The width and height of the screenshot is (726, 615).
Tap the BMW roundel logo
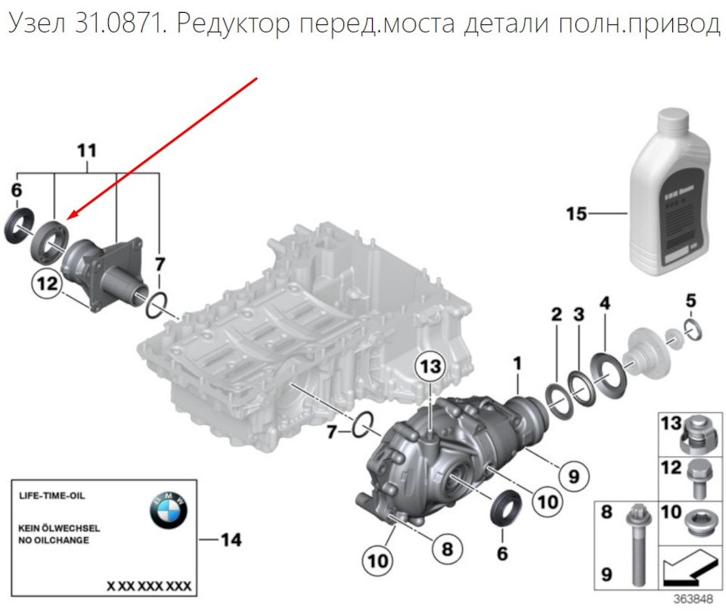click(x=167, y=512)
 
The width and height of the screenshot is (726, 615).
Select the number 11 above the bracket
click(x=88, y=151)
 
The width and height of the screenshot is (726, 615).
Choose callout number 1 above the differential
click(x=517, y=364)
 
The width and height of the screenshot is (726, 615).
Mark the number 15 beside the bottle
click(x=576, y=214)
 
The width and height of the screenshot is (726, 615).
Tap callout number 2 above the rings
click(x=556, y=314)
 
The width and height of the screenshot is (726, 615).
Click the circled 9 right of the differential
click(x=573, y=476)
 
